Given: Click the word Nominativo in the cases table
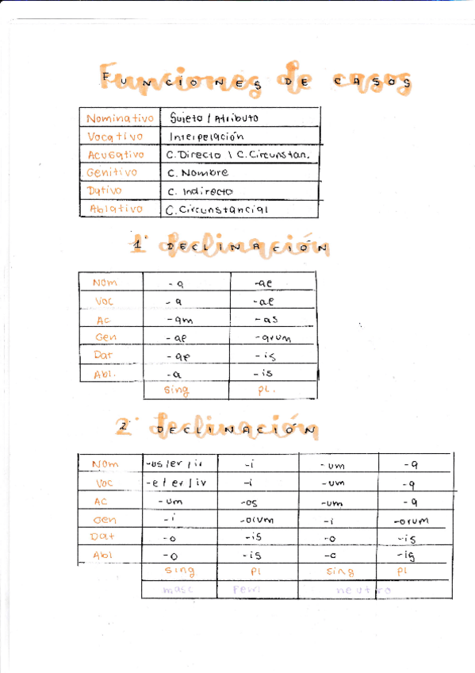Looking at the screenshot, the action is click(x=120, y=118).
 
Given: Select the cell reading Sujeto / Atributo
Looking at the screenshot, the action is click(x=214, y=118).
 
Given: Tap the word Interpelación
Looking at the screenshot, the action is click(x=205, y=136).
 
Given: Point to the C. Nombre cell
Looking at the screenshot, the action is click(x=198, y=172).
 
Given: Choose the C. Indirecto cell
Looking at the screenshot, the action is click(x=201, y=191).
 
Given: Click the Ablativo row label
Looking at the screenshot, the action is click(x=116, y=210).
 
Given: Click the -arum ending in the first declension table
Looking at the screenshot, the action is click(x=273, y=338).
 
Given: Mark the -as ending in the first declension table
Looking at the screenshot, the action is click(x=266, y=320).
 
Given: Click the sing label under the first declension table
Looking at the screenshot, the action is click(x=176, y=390).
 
